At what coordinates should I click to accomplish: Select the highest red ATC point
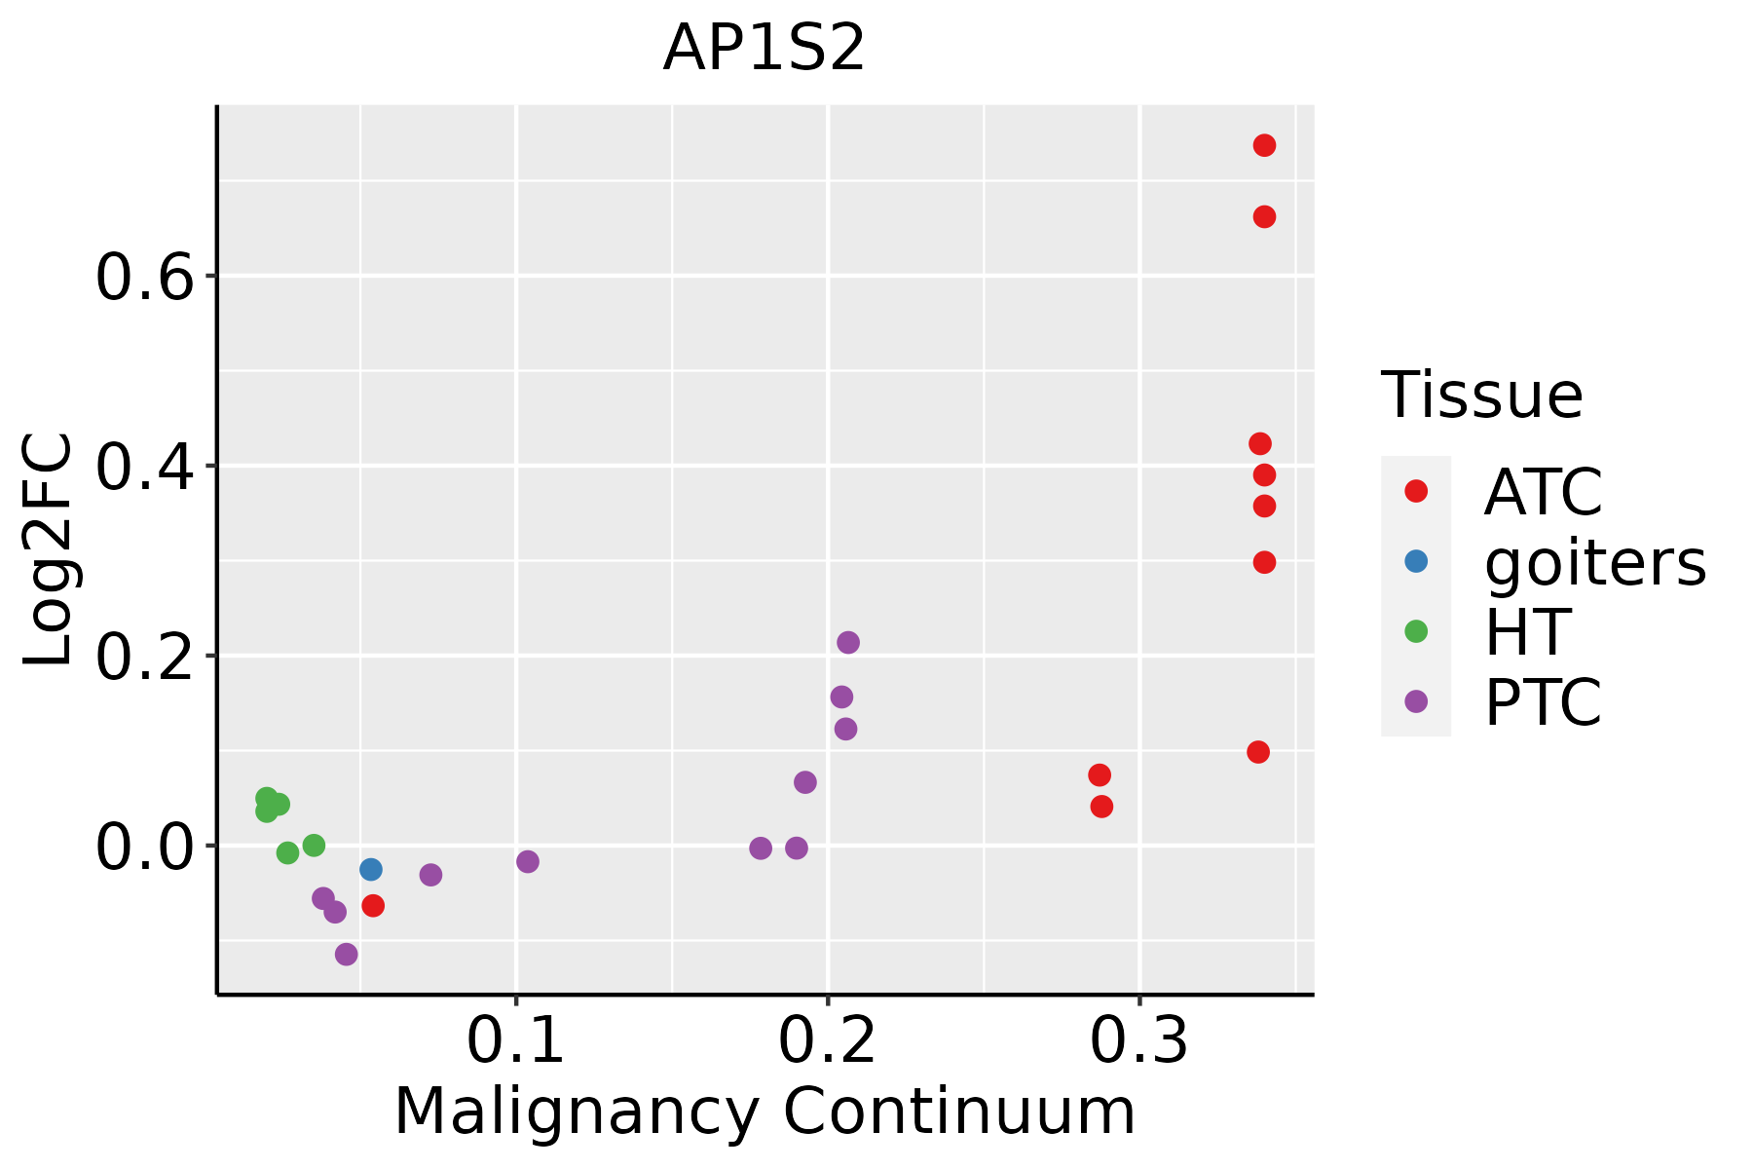coord(1264,145)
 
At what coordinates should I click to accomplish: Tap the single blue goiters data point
coord(370,869)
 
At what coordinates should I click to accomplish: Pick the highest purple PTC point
coord(848,642)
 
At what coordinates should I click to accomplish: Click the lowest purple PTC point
coord(346,954)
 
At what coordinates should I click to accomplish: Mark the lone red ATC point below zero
coord(373,906)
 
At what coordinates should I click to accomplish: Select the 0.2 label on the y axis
coord(144,658)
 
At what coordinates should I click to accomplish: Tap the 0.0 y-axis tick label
coord(144,848)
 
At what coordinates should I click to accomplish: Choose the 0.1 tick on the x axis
coord(516,1040)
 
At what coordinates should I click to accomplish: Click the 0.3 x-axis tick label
coord(1138,1040)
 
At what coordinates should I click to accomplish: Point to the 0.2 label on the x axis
coord(827,1040)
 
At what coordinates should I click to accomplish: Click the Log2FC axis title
coord(49,550)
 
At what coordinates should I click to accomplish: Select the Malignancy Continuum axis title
coord(765,1112)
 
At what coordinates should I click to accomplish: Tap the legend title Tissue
coord(1481,396)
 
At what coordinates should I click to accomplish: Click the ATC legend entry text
coord(1543,492)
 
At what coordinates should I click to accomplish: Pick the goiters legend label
coord(1595,562)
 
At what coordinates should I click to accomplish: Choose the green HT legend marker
coord(1416,631)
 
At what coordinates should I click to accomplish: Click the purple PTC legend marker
coord(1416,701)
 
